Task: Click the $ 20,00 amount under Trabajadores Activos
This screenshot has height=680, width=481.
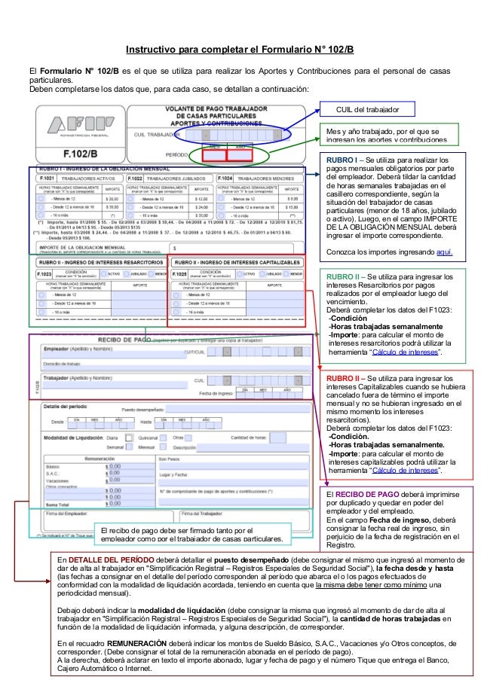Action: (x=112, y=197)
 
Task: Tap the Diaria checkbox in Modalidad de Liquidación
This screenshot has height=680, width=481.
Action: (x=124, y=437)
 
